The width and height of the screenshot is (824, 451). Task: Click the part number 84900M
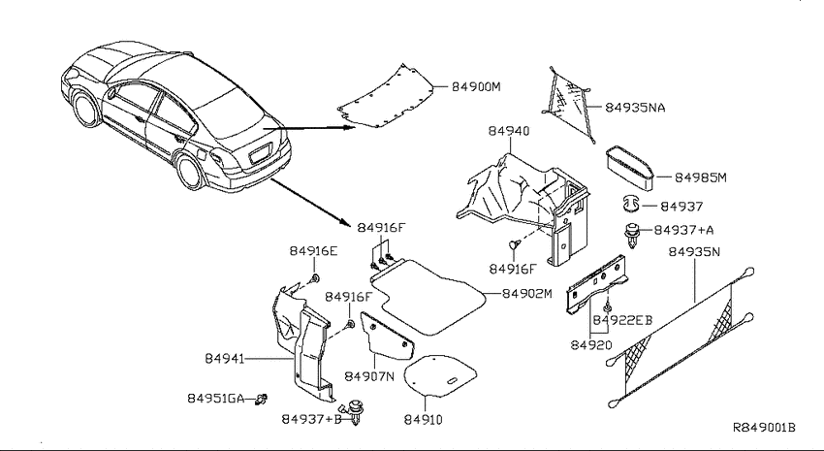coord(476,86)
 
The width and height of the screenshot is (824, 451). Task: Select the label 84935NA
coord(635,108)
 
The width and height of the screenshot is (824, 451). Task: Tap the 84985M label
coord(701,177)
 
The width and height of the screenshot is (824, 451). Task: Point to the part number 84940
coord(509,131)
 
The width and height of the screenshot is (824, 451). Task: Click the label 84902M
coord(527,294)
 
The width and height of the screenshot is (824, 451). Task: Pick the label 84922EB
coord(622,320)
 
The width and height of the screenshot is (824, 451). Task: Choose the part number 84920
coord(591,345)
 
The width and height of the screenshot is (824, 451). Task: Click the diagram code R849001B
coord(764,428)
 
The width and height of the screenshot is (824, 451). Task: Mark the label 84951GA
coord(216,399)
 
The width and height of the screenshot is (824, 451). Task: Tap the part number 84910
coord(423,419)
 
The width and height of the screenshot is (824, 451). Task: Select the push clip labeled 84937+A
coord(632,236)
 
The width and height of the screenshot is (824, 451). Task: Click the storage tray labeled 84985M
coord(630,167)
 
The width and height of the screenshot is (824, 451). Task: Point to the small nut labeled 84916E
coord(315,278)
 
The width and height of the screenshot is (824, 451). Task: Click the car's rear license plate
coord(260,154)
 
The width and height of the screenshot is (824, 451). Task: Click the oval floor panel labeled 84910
coord(440,375)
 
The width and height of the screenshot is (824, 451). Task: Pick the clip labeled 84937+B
coord(354,411)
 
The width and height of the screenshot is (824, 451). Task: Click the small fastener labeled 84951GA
coord(261,400)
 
